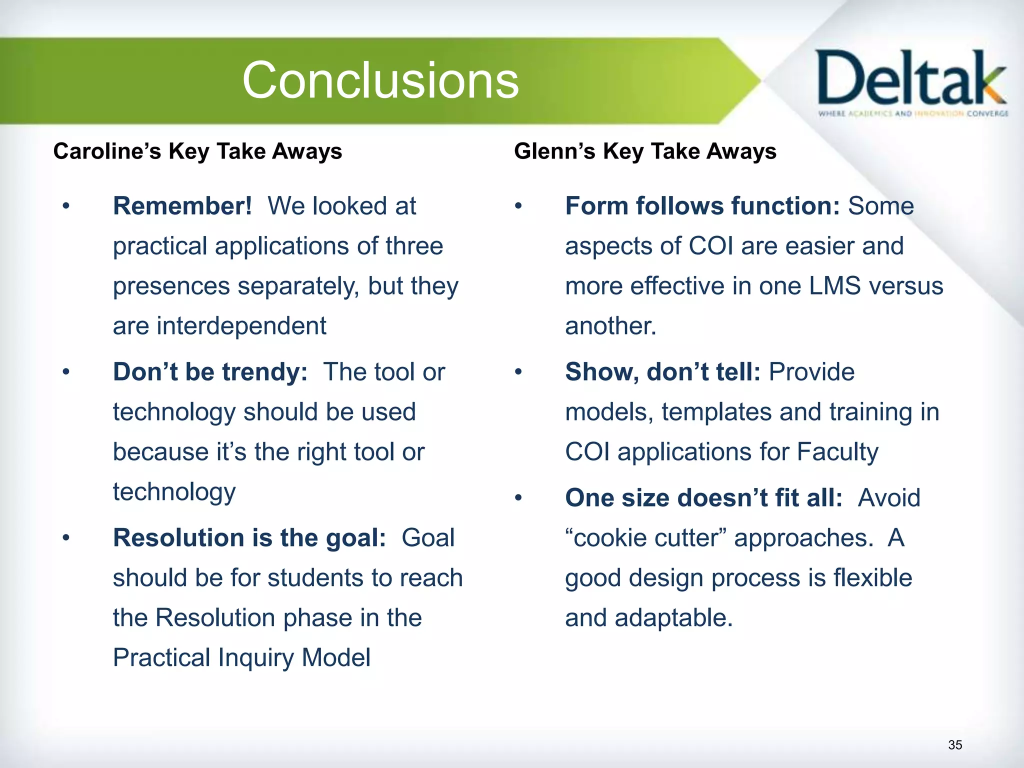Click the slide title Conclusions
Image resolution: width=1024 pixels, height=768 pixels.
click(380, 80)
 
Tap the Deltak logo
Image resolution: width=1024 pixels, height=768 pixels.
click(911, 82)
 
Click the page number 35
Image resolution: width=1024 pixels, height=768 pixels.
click(954, 745)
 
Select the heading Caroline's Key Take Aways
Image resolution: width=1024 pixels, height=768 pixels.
click(197, 151)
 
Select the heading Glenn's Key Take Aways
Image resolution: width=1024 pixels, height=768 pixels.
click(645, 151)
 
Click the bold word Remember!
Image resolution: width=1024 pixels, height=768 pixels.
click(182, 206)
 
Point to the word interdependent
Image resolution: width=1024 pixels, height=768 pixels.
click(241, 326)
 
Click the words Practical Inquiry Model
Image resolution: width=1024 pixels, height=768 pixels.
click(241, 657)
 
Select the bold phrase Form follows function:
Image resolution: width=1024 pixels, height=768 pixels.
click(702, 206)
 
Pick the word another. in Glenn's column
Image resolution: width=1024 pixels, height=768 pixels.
click(610, 326)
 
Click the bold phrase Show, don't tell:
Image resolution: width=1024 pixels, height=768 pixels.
click(662, 372)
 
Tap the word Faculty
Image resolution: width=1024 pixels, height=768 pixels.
click(837, 452)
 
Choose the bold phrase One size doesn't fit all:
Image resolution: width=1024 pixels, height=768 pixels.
click(703, 498)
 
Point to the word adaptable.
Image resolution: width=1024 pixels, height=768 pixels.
click(673, 618)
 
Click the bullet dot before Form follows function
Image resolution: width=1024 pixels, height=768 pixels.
click(518, 206)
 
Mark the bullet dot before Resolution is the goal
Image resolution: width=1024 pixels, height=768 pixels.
click(66, 538)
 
